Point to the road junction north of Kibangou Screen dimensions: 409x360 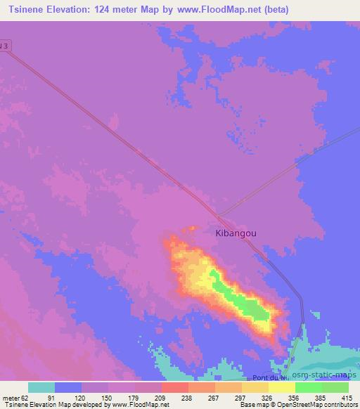click(x=217, y=215)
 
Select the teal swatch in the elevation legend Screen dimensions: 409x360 click(x=41, y=387)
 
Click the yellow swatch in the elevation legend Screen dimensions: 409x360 click(x=282, y=387)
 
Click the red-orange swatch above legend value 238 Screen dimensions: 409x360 click(x=175, y=387)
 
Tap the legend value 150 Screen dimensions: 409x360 click(x=107, y=397)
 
